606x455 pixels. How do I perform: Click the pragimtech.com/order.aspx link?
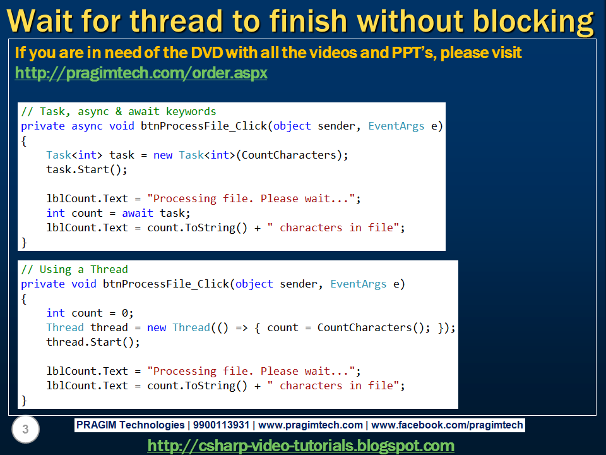tap(141, 73)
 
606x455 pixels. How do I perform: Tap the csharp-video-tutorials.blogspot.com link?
tap(300, 446)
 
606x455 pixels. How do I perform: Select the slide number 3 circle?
tap(25, 430)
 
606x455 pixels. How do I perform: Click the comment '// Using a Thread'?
tap(74, 269)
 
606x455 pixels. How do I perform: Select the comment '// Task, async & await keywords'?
tap(118, 111)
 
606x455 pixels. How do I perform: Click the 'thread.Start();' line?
tap(93, 342)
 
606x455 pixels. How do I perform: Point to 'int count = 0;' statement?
tap(90, 313)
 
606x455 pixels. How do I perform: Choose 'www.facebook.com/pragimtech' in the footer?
tap(448, 425)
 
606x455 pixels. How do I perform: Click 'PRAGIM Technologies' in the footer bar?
tap(129, 425)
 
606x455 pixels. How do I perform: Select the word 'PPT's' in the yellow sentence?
tap(408, 53)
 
